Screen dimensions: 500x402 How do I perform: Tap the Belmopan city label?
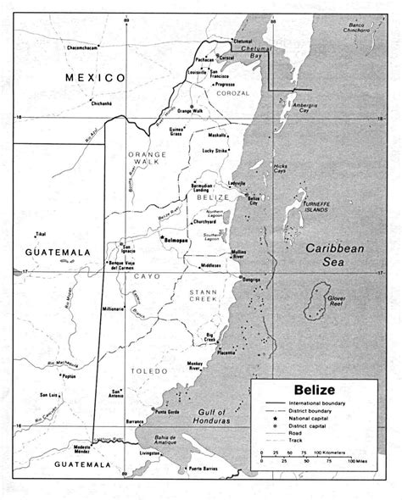[x=176, y=240]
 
